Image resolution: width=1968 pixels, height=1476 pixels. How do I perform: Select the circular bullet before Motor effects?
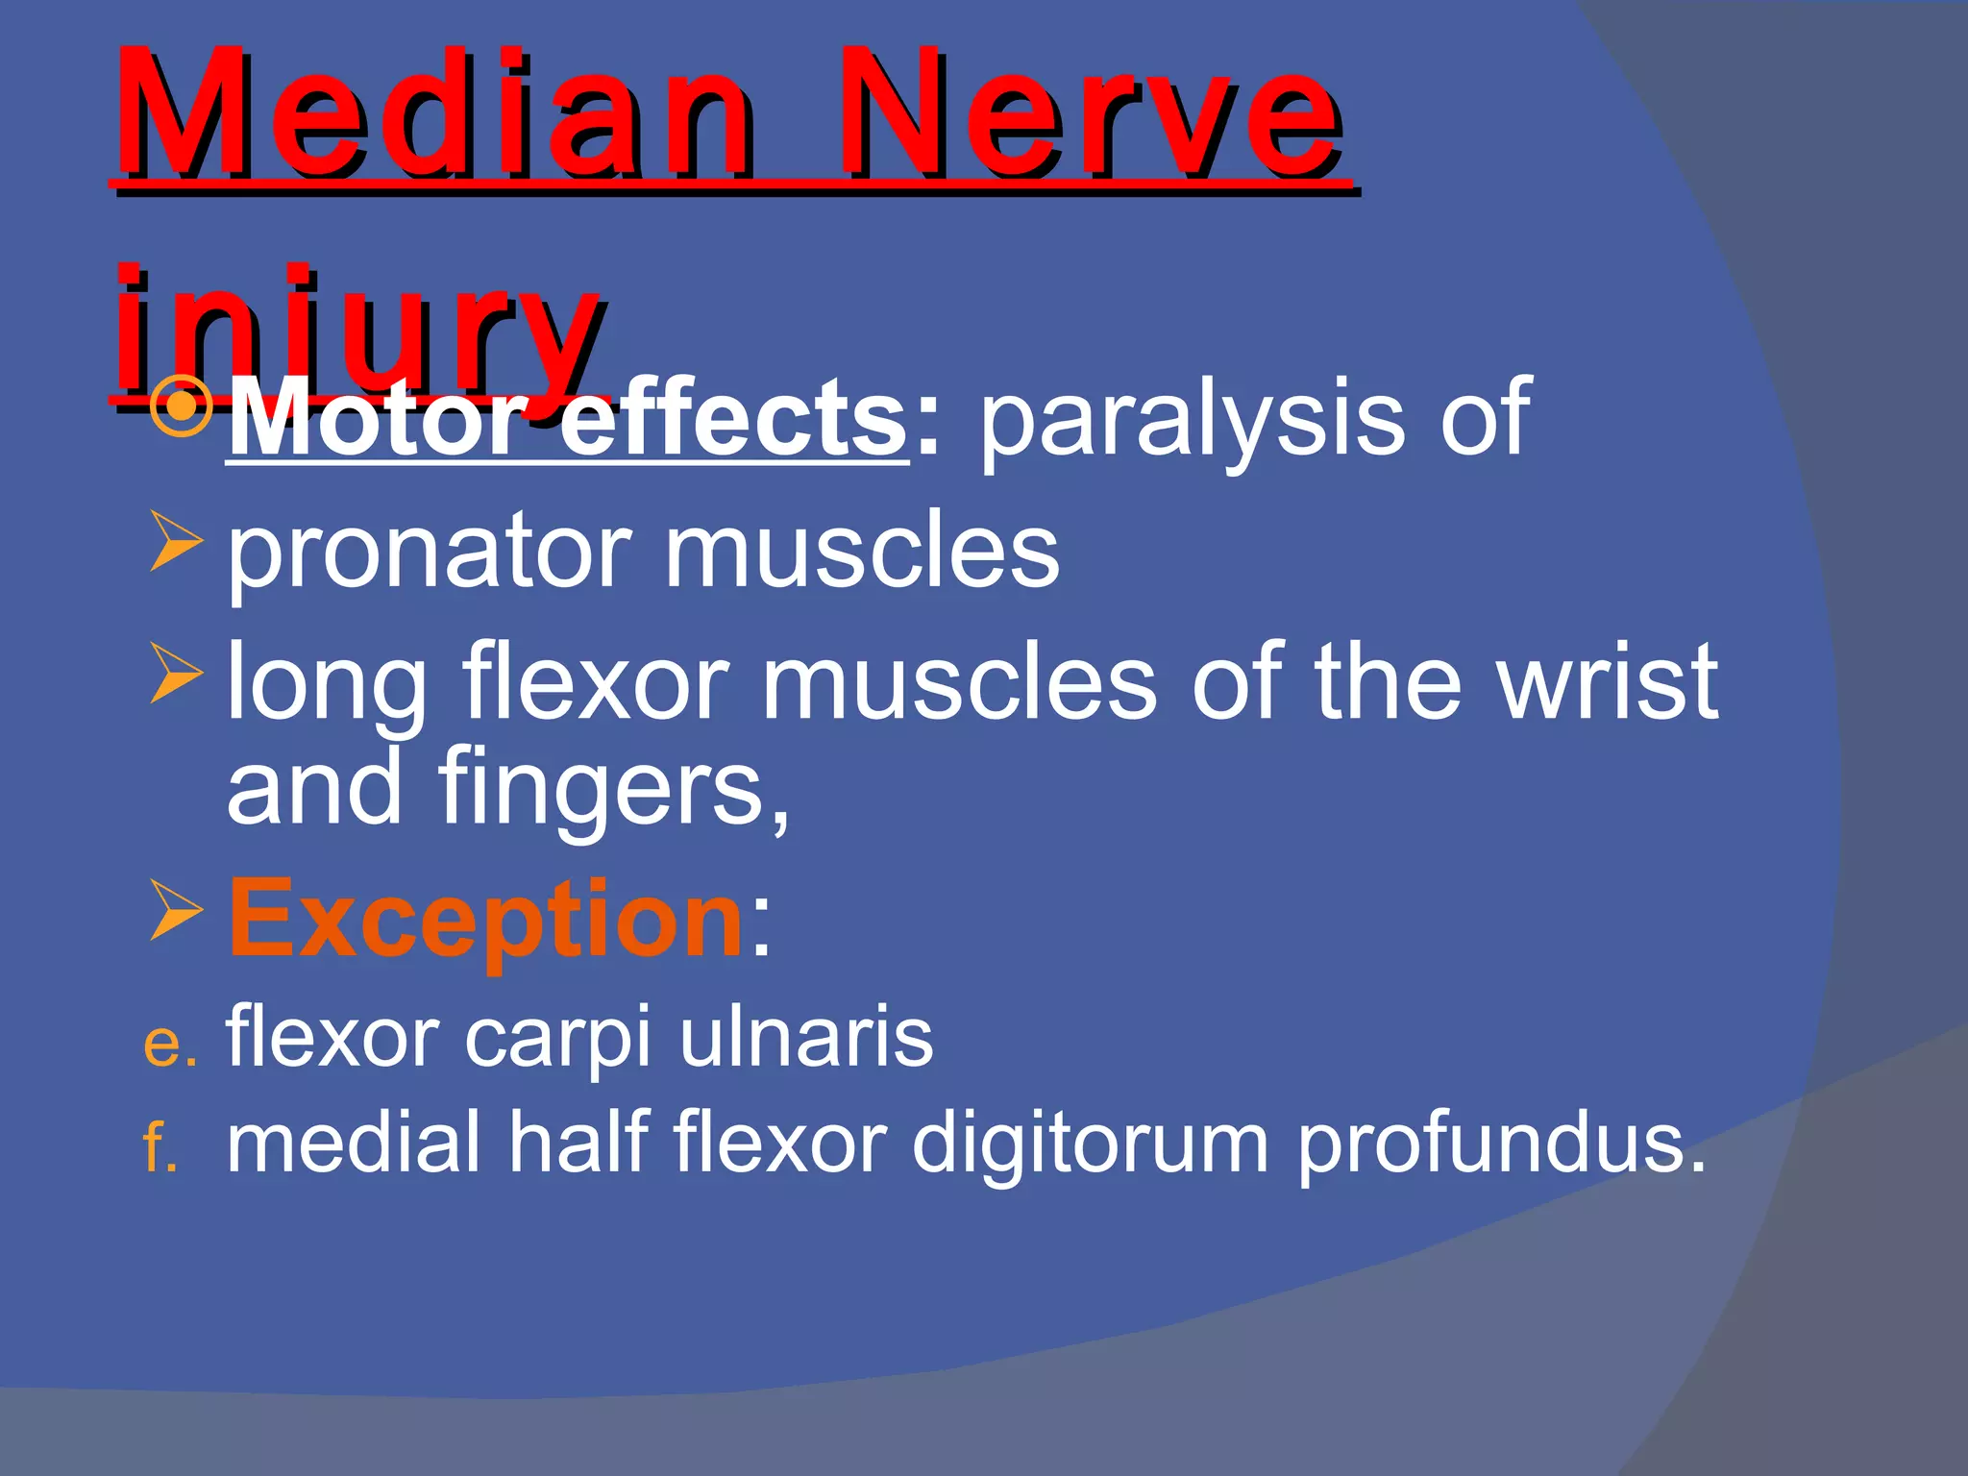coord(182,406)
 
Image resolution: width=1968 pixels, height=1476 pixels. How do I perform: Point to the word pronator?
coord(428,553)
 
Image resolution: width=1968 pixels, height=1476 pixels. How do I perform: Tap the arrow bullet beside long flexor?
coord(176,674)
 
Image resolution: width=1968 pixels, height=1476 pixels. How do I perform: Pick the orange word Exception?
coord(485,919)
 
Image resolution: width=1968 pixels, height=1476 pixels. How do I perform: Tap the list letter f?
coord(159,1147)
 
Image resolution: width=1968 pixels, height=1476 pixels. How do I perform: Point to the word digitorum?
coord(1091,1144)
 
